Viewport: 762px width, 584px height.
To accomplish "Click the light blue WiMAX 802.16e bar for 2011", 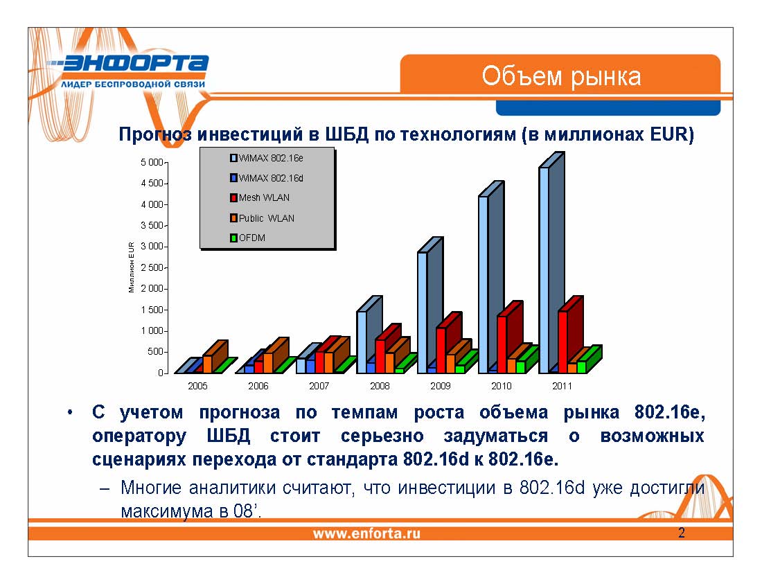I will pos(544,270).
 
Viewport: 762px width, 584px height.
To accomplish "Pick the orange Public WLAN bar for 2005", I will pos(207,364).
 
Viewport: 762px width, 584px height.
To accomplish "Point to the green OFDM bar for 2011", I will pos(581,366).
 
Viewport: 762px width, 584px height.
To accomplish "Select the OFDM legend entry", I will pos(251,238).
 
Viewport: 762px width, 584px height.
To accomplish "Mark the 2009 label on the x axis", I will pos(441,386).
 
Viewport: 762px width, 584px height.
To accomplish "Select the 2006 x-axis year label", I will pos(258,386).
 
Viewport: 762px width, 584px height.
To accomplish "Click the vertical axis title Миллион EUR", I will pos(132,267).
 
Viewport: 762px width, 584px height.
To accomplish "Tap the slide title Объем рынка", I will pos(561,76).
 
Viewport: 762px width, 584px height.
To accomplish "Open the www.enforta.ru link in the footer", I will pos(366,533).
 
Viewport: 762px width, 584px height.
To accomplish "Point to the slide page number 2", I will pos(682,533).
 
